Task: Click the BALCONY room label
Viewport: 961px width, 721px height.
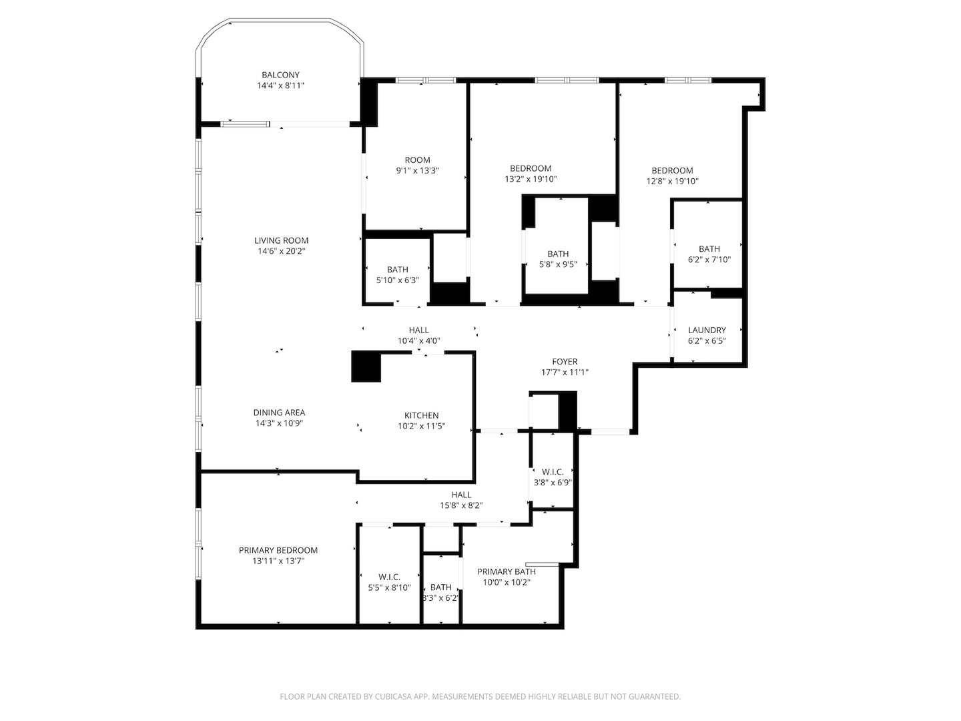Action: [280, 75]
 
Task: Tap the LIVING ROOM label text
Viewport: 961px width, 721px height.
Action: [281, 241]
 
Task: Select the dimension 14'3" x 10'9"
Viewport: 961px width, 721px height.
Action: [279, 423]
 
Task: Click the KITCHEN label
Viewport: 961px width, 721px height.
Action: [421, 416]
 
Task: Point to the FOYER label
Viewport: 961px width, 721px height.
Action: [565, 362]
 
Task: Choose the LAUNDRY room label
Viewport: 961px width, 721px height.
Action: [707, 330]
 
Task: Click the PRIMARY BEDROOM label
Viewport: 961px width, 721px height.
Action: [278, 551]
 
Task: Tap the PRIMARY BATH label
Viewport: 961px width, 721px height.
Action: [507, 572]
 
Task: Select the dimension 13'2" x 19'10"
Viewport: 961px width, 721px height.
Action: [531, 180]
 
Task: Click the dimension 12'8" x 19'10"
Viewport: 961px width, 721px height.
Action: [672, 181]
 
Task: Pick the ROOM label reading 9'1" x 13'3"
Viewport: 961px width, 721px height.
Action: [417, 160]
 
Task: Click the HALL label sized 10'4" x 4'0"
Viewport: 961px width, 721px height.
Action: [419, 330]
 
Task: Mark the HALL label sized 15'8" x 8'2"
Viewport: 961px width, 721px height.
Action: [461, 495]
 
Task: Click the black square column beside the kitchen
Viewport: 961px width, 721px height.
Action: [366, 367]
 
